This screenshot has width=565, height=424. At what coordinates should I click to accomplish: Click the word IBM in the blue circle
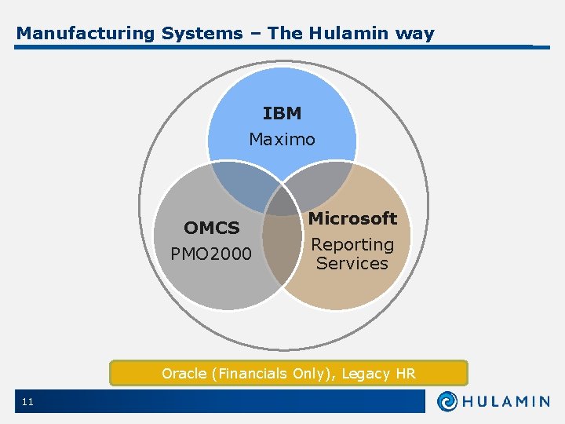pos(282,114)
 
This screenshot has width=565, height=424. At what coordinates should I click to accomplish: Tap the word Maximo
pos(282,140)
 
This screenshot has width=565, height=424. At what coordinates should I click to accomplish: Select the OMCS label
pos(212,228)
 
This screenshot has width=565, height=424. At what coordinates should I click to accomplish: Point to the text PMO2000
pos(211,254)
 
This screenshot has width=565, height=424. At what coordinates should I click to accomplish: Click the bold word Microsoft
pos(352,218)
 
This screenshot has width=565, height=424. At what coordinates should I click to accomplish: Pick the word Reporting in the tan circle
pos(352,245)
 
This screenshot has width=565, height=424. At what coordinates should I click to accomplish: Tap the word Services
pos(352,264)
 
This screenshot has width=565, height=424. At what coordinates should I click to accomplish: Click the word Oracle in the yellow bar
pos(183,374)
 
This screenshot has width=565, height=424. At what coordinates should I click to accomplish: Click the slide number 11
pos(27,402)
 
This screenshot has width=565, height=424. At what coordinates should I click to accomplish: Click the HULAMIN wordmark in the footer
pos(506,401)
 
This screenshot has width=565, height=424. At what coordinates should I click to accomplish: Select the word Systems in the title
pos(202,34)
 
